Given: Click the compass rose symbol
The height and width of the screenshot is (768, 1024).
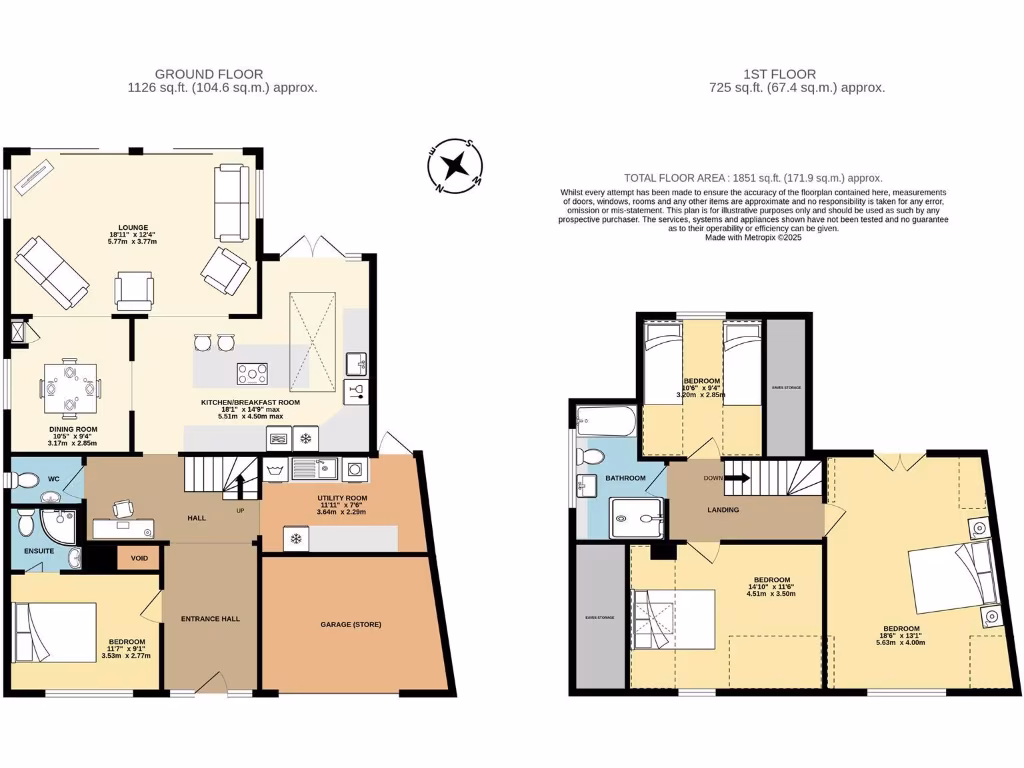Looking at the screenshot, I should point(456,164).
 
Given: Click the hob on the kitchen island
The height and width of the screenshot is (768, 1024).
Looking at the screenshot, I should point(252,373).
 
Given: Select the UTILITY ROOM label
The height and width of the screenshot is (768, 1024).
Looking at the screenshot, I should point(343,497).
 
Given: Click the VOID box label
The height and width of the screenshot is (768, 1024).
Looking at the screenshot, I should point(138,558).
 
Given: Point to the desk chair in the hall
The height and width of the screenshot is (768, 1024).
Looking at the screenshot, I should point(122,508).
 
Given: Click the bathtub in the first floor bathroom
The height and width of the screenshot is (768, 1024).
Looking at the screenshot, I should point(604,421).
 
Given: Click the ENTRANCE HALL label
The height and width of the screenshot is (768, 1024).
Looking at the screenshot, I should point(210,619).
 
